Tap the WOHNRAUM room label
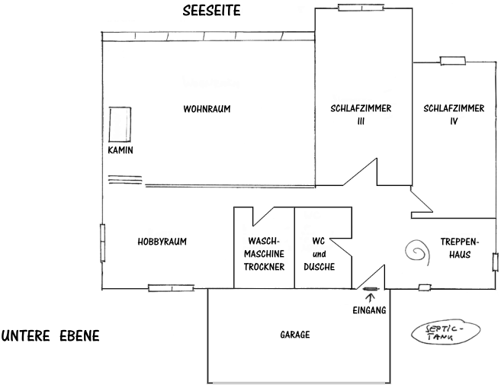coord(206,109)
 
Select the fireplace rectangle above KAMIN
coord(120,123)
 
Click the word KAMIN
coord(120,150)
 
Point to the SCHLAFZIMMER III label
coord(361,114)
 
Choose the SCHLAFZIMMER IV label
coord(453,114)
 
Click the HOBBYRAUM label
coord(162,242)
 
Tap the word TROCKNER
coord(264,267)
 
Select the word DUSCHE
coord(320,267)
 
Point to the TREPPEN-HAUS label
coord(459,247)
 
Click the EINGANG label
coord(371,310)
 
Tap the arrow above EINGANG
coord(371,298)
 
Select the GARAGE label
coord(294,335)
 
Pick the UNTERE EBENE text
coord(50,336)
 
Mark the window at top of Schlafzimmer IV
coord(452,60)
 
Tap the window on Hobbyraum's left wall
coord(102,242)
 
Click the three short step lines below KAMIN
coord(124,180)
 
